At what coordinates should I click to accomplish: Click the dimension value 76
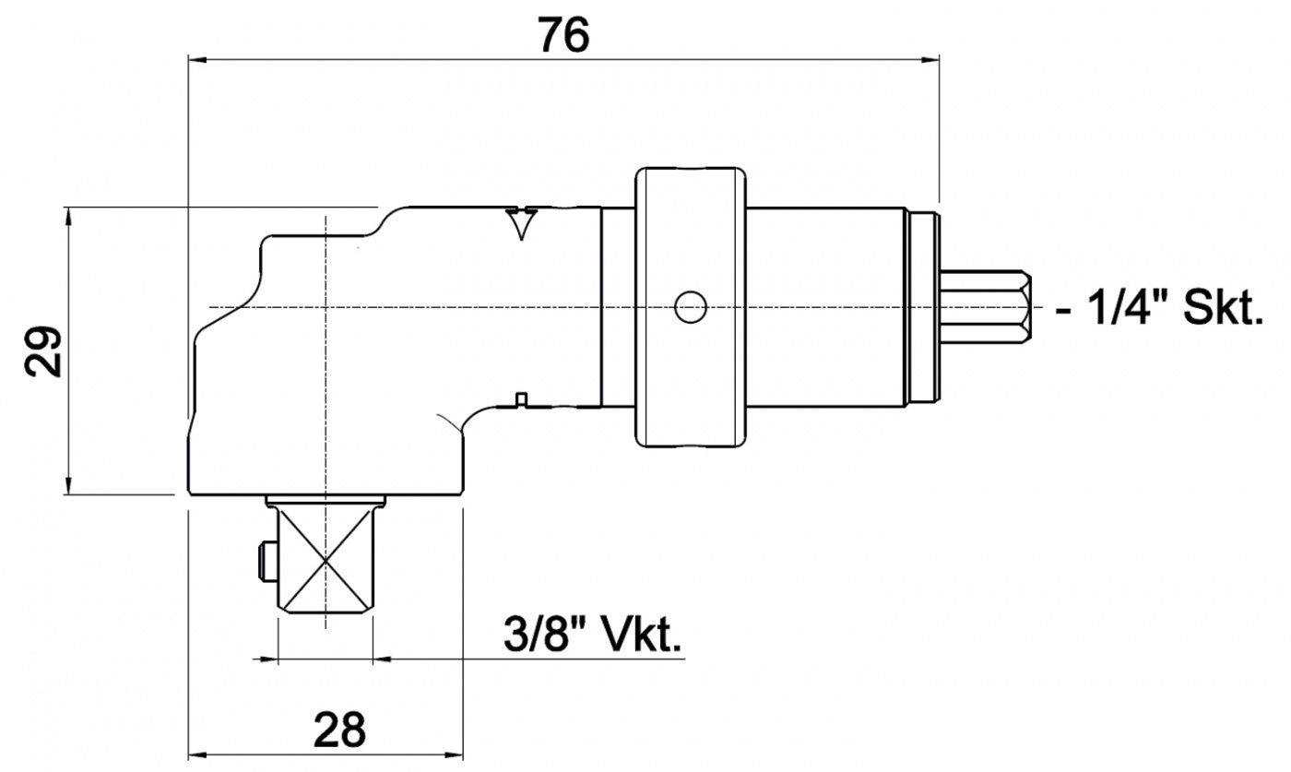click(x=563, y=35)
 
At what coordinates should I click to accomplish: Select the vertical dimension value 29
click(x=43, y=350)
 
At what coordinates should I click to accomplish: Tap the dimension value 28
click(x=339, y=730)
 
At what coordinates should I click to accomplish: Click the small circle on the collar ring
click(x=690, y=307)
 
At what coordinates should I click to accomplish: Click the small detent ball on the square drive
click(x=266, y=560)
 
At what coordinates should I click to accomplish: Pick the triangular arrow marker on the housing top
click(x=523, y=222)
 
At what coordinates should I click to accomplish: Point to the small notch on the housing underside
click(x=521, y=398)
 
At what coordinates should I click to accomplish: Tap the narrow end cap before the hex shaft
click(x=923, y=307)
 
